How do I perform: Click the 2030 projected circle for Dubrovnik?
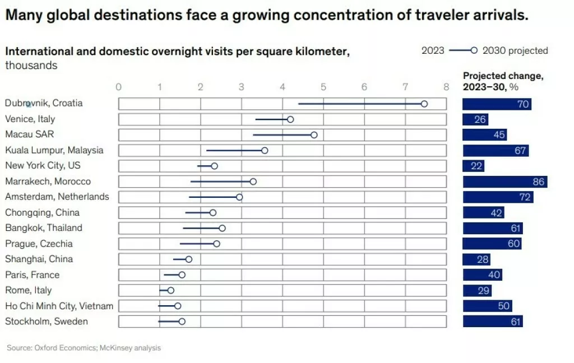click(x=424, y=104)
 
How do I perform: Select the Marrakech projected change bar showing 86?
click(x=504, y=182)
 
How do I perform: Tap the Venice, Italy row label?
click(x=30, y=119)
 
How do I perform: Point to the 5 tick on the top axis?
click(x=323, y=87)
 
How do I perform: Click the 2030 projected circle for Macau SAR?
click(x=314, y=135)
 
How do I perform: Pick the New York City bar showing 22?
click(x=473, y=166)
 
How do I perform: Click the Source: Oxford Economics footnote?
click(x=84, y=348)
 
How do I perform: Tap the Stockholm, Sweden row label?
click(x=47, y=321)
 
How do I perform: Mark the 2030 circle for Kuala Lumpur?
click(x=265, y=150)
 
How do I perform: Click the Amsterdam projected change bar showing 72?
click(x=497, y=197)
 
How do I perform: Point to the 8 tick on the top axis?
click(x=446, y=87)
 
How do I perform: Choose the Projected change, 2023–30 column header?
click(x=503, y=82)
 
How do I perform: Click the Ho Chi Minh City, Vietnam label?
click(x=59, y=305)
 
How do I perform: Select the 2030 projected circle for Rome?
click(x=170, y=290)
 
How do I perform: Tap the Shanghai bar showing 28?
click(x=476, y=259)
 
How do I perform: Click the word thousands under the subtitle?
click(x=31, y=66)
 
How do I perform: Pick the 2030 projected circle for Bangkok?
click(x=222, y=228)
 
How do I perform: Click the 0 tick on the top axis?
click(x=118, y=87)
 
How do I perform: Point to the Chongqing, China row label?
click(x=42, y=212)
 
